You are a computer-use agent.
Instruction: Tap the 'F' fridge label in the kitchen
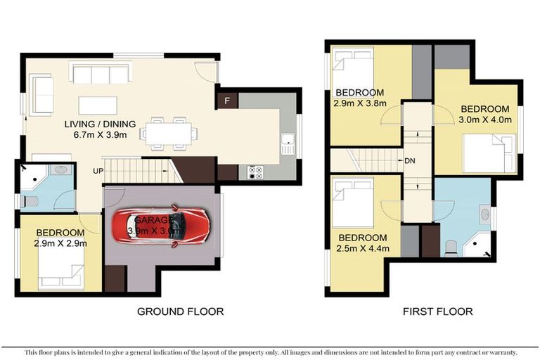(x=226, y=101)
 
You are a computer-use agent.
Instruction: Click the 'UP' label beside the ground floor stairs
(x=99, y=171)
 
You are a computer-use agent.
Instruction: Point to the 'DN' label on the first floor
(x=410, y=161)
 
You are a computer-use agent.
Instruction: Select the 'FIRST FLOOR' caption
(x=437, y=311)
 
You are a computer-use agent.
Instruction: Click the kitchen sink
(x=287, y=143)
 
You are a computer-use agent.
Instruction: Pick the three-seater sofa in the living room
(x=100, y=74)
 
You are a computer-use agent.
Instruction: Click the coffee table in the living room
(x=98, y=105)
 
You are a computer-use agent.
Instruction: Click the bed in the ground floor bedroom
(x=62, y=269)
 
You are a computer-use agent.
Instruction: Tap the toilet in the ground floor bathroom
(x=28, y=202)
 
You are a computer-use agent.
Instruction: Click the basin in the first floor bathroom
(x=485, y=214)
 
